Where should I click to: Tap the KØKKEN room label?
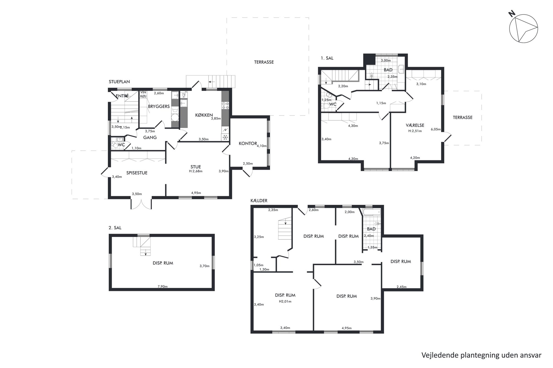204,115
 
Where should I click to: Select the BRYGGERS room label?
159,106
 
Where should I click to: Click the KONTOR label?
248,144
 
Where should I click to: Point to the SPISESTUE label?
137,173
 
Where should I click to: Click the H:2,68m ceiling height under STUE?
196,171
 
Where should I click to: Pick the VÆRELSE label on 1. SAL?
415,125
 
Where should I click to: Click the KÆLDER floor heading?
259,201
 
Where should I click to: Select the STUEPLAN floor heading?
119,82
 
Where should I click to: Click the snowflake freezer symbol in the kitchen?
225,137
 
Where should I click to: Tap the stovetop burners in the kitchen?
225,106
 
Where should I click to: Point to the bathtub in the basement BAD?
372,212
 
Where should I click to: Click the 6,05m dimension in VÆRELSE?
436,129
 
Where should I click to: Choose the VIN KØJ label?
143,94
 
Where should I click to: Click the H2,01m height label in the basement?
285,302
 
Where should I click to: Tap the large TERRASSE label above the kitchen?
264,62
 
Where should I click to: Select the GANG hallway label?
150,137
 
